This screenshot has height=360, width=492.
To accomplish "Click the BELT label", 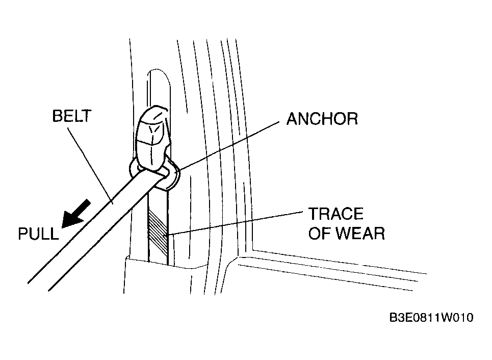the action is click(71, 116).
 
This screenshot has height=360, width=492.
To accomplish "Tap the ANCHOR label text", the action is click(322, 119).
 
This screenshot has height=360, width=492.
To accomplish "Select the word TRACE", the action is click(336, 214).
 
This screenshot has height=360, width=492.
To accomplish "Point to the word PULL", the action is click(38, 234).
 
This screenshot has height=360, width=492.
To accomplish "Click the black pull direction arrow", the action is click(76, 214).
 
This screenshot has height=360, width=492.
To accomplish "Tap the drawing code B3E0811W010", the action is click(431, 318).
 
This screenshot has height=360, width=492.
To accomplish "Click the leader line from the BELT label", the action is click(90, 165).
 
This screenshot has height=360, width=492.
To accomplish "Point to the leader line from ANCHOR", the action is click(229, 146).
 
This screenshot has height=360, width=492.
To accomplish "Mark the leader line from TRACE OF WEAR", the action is click(235, 223).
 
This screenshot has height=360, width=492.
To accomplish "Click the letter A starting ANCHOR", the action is click(293, 119).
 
